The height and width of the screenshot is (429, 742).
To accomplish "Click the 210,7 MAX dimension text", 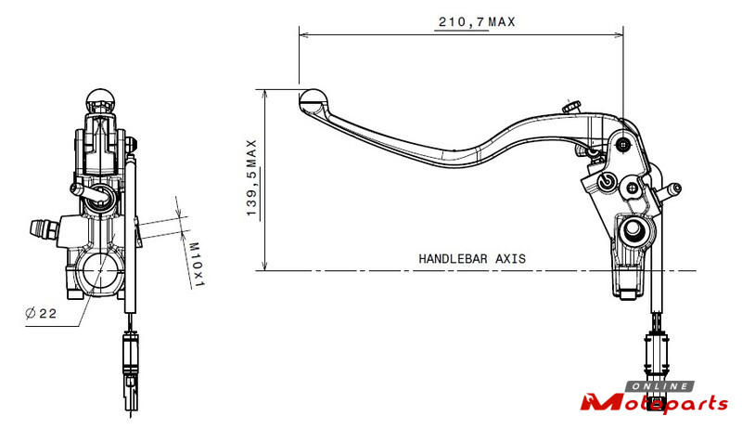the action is (477, 21).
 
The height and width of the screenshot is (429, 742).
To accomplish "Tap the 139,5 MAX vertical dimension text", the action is (251, 178).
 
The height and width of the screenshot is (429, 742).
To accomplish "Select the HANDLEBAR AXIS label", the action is (472, 258).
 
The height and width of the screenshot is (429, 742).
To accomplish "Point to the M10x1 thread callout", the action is (196, 265).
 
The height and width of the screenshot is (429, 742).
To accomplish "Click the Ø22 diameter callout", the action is (41, 313).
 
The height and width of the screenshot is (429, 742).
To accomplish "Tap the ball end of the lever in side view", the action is (313, 99).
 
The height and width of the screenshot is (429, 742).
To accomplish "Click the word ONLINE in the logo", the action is (660, 387).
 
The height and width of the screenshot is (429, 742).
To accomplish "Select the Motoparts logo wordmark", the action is (655, 403).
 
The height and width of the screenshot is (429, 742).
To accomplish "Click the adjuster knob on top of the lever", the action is (571, 107).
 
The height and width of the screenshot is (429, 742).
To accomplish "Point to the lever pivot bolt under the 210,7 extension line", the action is (624, 145).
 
